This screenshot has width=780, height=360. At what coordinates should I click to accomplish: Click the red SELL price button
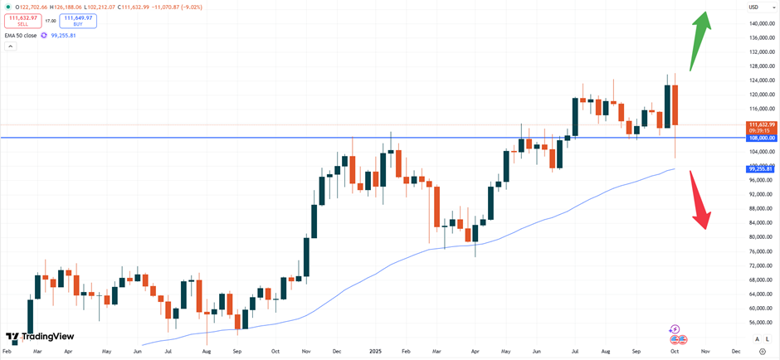(x=23, y=21)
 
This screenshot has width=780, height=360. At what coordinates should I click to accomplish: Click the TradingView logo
(x=40, y=337)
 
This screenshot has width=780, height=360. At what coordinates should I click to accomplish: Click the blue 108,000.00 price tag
(x=760, y=138)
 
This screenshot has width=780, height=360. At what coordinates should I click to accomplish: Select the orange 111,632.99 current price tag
(x=760, y=124)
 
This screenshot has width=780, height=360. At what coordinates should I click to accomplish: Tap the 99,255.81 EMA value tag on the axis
(x=760, y=168)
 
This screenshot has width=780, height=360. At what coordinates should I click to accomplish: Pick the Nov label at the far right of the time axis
(x=704, y=352)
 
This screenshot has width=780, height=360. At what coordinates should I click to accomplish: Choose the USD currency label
(x=753, y=7)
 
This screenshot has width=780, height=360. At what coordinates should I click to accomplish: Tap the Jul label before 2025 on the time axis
(x=168, y=352)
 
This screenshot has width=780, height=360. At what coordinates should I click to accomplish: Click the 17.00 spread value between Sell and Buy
(x=51, y=21)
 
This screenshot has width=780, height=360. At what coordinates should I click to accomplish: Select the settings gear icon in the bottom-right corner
(x=763, y=352)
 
